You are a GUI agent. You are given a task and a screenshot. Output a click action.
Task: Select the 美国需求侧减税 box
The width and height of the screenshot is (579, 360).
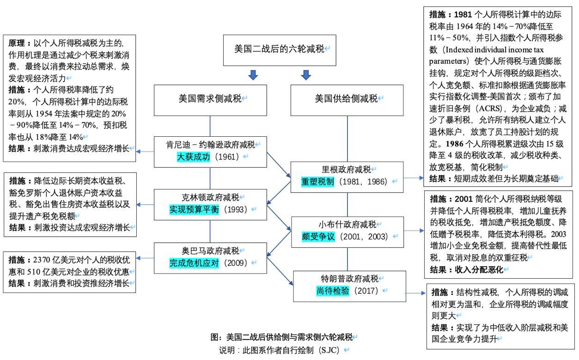point(210,98)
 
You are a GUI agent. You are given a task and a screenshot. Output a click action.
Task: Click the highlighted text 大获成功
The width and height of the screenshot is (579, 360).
point(194,157)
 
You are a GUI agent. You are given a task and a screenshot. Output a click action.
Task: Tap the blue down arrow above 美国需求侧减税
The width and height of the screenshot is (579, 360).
point(253,75)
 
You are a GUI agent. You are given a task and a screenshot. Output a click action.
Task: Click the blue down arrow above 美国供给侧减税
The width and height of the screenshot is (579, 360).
point(306,75)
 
